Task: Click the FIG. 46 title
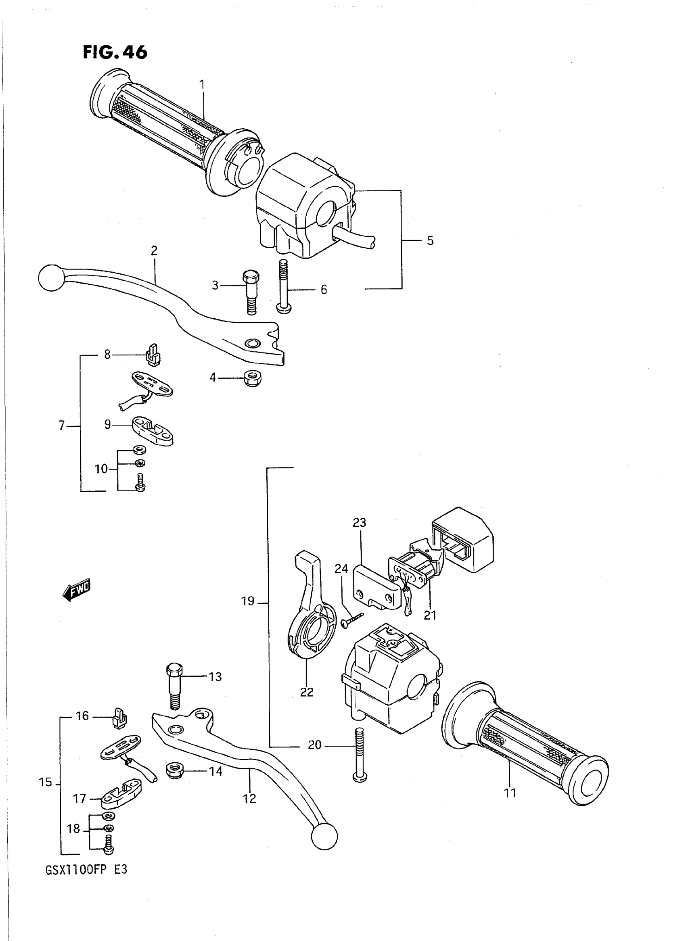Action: click(115, 53)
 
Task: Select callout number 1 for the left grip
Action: click(202, 85)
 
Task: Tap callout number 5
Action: click(430, 241)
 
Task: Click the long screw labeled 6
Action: click(284, 286)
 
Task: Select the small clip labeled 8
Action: click(153, 355)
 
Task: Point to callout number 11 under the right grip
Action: click(510, 793)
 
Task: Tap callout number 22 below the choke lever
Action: click(307, 692)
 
